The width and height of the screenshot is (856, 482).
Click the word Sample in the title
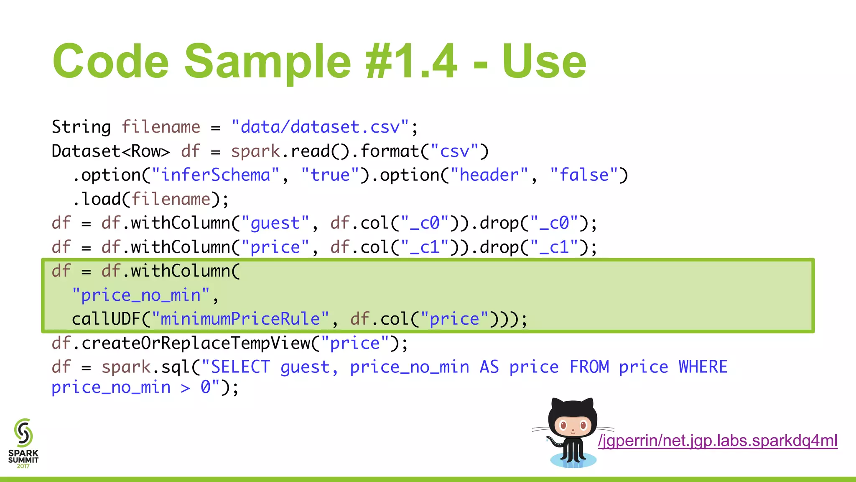[267, 62]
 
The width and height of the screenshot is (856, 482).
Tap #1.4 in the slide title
[411, 62]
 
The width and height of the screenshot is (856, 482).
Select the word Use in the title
[544, 62]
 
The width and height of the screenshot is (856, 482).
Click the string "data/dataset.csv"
[320, 127]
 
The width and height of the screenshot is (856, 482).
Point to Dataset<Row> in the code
[111, 151]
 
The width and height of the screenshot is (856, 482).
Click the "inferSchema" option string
[215, 175]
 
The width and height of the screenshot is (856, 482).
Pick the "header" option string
[489, 175]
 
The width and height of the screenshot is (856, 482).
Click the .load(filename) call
[150, 200]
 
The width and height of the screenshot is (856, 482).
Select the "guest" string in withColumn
[275, 223]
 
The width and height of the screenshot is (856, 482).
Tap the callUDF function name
[106, 319]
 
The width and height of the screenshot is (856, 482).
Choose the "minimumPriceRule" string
[240, 319]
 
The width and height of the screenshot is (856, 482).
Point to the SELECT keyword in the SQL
[240, 367]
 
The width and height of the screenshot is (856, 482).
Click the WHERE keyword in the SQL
[703, 367]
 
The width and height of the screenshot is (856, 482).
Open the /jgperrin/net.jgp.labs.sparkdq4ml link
[718, 441]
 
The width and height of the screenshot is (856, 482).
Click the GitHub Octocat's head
[573, 420]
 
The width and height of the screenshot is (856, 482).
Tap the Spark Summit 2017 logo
[23, 444]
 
